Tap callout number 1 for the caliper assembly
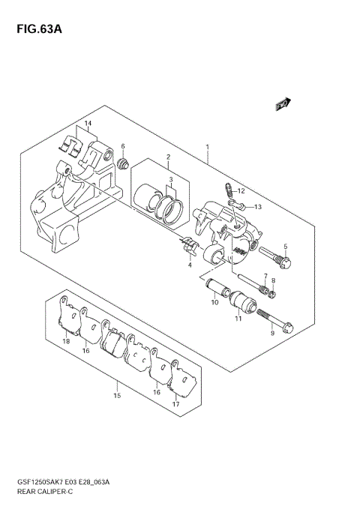click(208, 148)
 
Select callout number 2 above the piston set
click(169, 157)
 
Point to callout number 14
click(87, 124)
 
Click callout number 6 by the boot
click(122, 146)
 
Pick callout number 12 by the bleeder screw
click(241, 191)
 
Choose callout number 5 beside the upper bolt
click(285, 247)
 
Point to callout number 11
click(238, 319)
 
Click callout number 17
click(175, 404)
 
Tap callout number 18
click(66, 342)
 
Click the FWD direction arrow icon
click(283, 105)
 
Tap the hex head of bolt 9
click(289, 328)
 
